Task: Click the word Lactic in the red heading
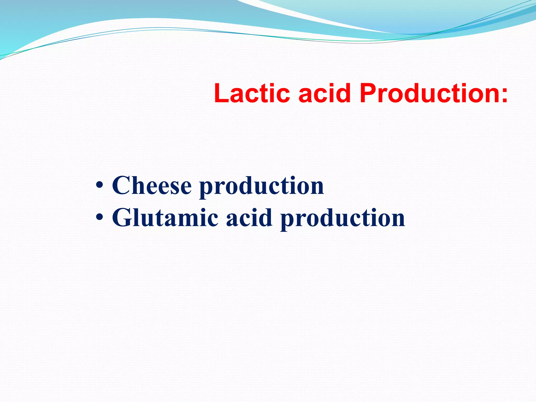coord(252,93)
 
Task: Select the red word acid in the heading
coord(324,93)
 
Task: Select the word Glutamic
coord(165,218)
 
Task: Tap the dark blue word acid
coord(249,218)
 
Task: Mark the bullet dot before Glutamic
coord(99,218)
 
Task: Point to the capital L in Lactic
coord(221,93)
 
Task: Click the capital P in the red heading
coord(368,93)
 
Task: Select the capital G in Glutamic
coord(121,218)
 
